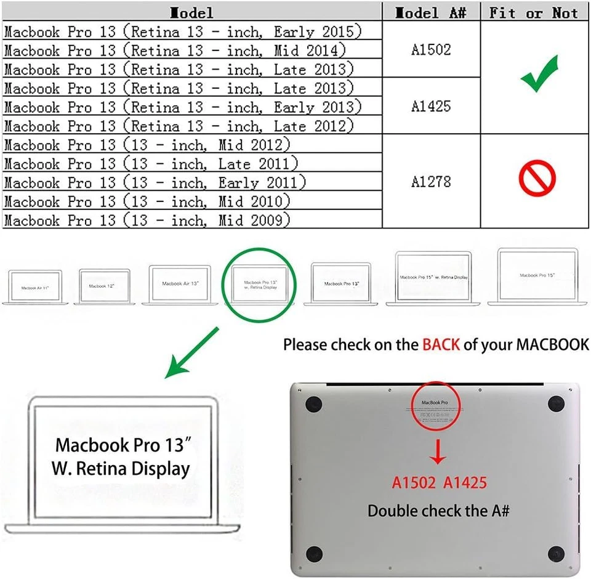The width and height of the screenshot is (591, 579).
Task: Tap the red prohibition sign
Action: pos(537,179)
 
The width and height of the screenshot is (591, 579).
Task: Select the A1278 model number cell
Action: pos(431,182)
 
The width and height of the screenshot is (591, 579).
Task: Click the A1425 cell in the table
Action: pos(431,106)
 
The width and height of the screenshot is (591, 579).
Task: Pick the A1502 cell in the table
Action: pos(431,49)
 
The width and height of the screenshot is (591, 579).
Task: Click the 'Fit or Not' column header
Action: pos(534,12)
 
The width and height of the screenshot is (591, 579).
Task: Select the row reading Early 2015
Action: pos(183,31)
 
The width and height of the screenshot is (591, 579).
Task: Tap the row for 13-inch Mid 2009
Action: pos(147,220)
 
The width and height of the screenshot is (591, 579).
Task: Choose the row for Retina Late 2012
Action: pos(179,126)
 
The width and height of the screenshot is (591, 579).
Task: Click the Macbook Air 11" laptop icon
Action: pos(35,287)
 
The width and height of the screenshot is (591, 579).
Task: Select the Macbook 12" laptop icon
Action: pos(102,286)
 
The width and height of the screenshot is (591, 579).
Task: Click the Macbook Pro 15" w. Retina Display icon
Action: pos(433,278)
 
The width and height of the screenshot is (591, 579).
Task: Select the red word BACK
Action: pos(441,344)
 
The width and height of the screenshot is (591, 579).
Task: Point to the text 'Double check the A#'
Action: pos(438,511)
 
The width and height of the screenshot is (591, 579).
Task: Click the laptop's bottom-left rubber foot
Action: pos(314,553)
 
